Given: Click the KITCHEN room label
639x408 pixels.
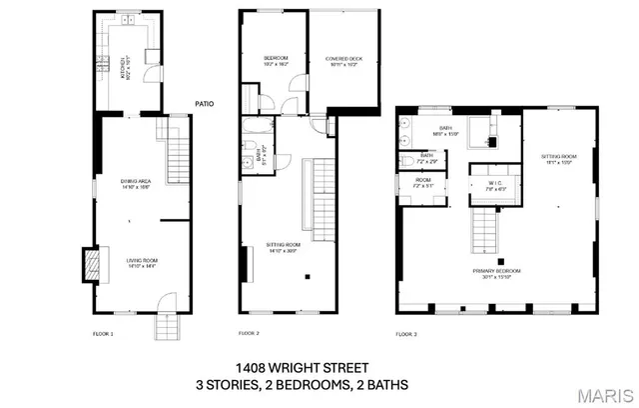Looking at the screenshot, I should tap(125, 66).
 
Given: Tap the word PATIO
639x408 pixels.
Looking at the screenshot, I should tap(204, 102).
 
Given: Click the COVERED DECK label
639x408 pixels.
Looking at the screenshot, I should tap(343, 61).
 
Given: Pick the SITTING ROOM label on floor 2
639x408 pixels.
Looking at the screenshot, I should tap(284, 247).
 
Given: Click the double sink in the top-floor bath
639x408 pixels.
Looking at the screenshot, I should tap(404, 130).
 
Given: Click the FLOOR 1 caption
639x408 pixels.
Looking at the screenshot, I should tap(103, 334).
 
